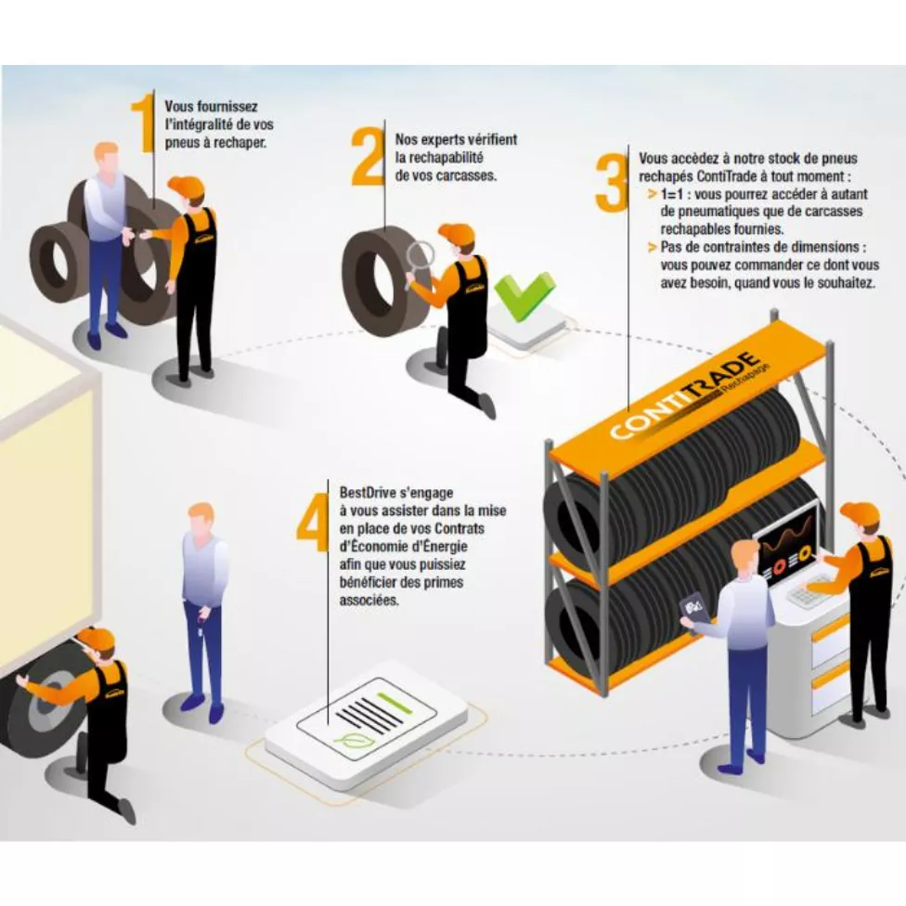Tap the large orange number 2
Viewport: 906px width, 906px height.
368,156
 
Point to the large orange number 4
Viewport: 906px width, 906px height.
313,521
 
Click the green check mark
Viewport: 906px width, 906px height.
524,295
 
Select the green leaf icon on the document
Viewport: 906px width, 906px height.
349,740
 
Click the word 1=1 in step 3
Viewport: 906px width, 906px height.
671,194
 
